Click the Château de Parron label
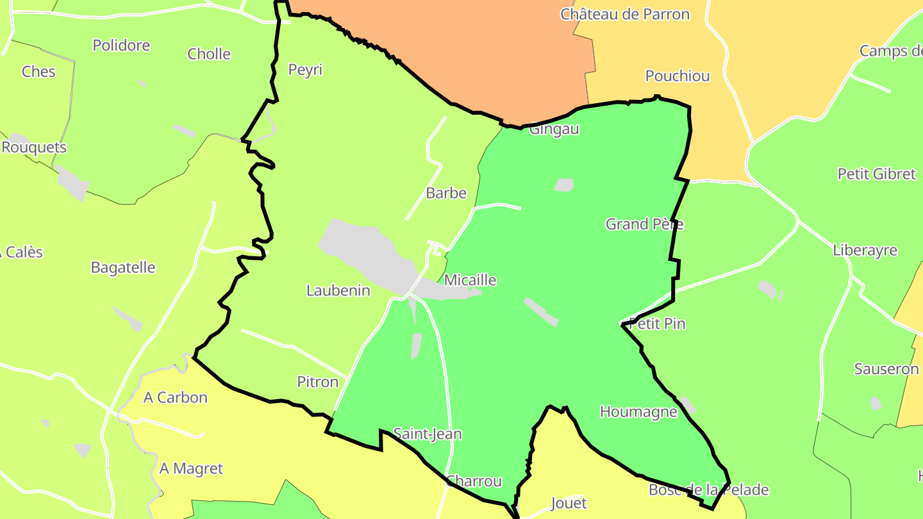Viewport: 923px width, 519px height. [625, 14]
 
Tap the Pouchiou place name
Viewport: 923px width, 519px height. [678, 76]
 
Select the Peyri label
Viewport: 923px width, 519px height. [305, 70]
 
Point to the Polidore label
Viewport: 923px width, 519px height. [121, 45]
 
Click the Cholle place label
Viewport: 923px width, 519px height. [209, 54]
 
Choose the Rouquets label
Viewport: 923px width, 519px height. [34, 147]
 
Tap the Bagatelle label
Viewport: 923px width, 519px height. [123, 268]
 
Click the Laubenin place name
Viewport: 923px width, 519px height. [338, 291]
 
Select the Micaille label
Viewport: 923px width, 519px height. [470, 281]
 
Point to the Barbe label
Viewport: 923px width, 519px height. [446, 194]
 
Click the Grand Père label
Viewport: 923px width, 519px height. [644, 224]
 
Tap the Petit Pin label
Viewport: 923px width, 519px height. [657, 324]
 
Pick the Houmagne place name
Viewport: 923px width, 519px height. [638, 412]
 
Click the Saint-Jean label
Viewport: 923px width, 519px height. [428, 434]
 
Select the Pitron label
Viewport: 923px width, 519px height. [318, 383]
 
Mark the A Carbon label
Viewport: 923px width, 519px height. [176, 398]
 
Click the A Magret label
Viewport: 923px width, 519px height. [191, 469]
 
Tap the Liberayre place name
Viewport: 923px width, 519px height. [865, 251]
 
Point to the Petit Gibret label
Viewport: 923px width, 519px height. [877, 174]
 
